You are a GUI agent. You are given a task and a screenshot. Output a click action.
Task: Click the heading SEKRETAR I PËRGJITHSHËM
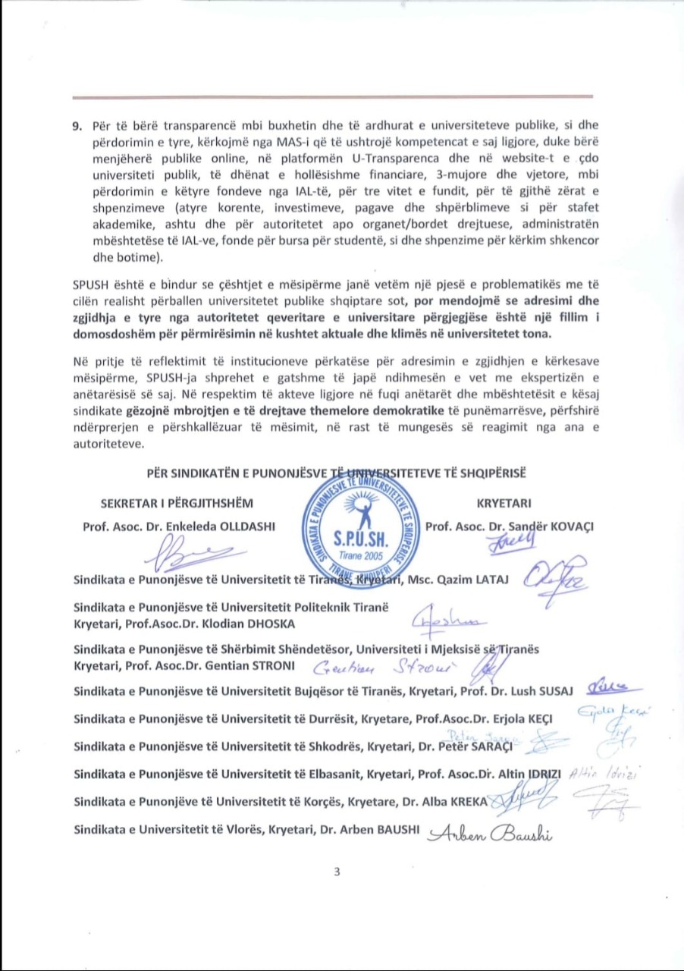(176, 503)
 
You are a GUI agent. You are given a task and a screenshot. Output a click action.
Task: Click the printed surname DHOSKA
(271, 624)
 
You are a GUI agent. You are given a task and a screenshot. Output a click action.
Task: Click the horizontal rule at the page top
(332, 97)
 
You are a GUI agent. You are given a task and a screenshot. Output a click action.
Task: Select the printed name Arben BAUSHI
(384, 829)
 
